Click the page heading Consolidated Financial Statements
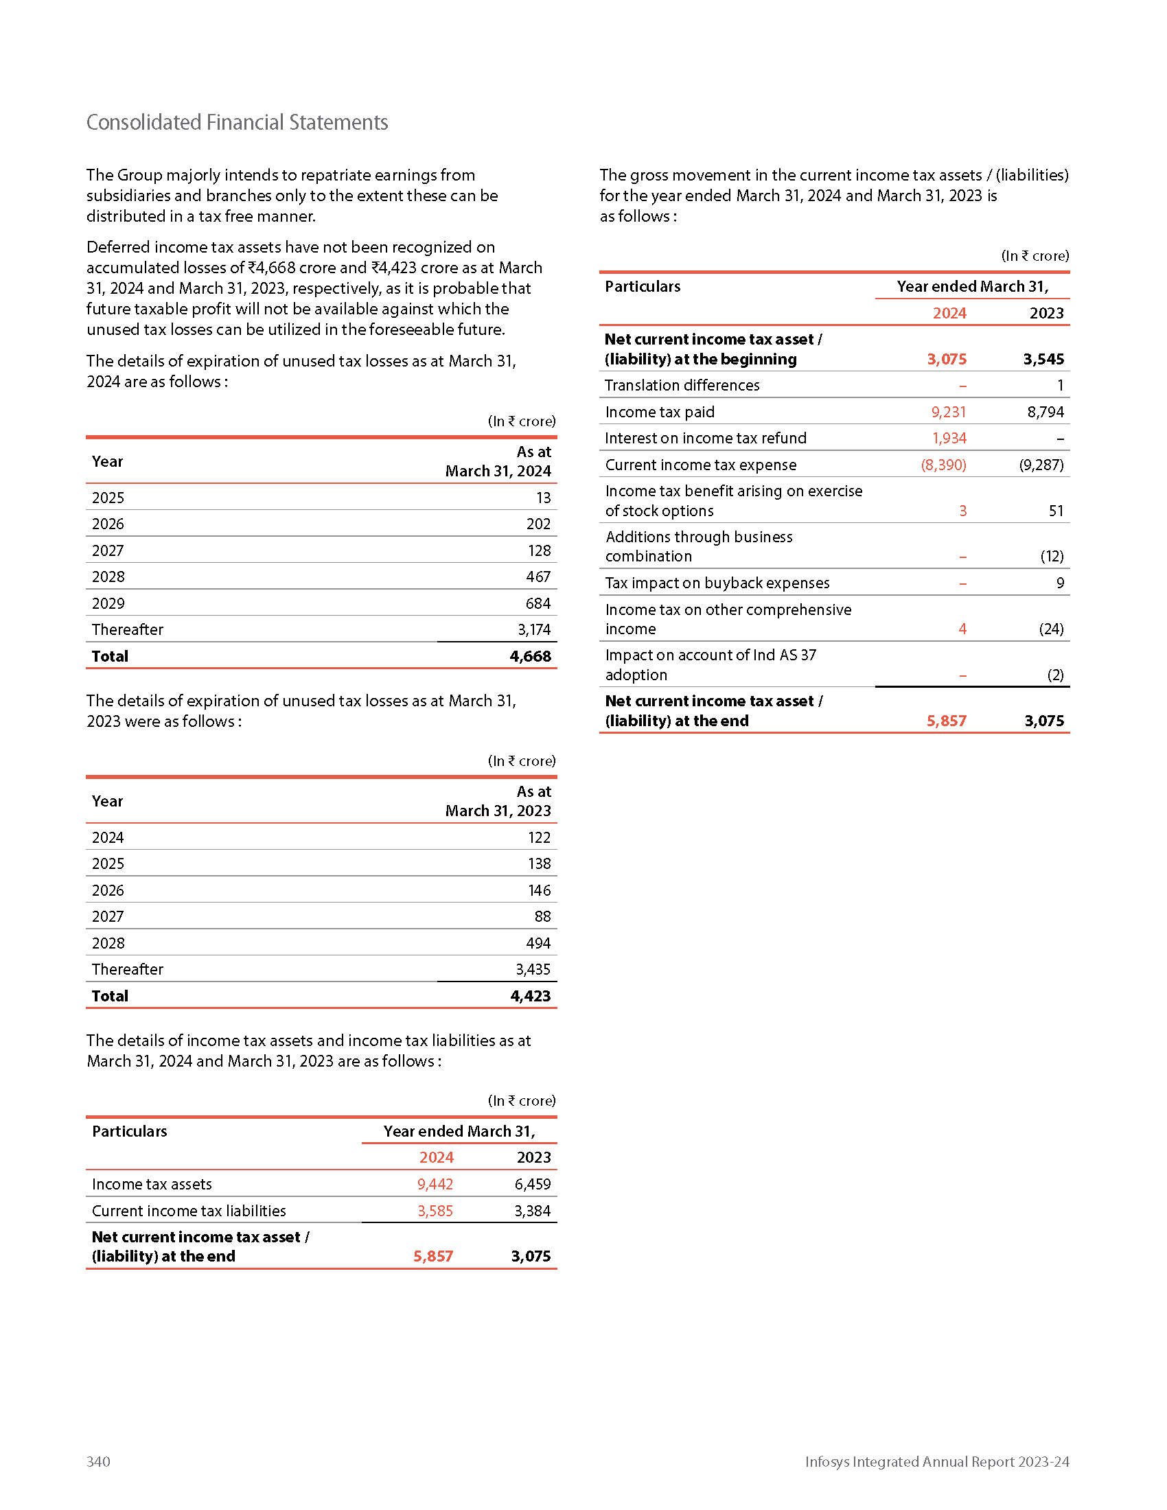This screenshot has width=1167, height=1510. click(x=237, y=122)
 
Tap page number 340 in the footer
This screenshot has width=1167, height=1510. click(x=98, y=1461)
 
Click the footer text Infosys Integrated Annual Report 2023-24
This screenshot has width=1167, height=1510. click(x=937, y=1461)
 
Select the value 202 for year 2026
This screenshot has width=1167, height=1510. click(x=538, y=524)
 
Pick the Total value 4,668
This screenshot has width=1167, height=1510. click(x=530, y=656)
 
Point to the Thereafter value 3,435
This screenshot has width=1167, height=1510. click(x=532, y=969)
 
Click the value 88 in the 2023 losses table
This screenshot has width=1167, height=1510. click(x=542, y=917)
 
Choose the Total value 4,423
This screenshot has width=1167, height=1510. click(x=530, y=997)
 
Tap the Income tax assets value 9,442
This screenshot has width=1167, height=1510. click(x=435, y=1185)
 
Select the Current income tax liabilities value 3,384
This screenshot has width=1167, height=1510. click(x=532, y=1211)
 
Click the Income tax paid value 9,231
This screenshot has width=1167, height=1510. click(x=948, y=412)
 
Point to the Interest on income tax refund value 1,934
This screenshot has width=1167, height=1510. click(x=949, y=439)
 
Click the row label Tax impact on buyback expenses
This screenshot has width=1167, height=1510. click(x=717, y=583)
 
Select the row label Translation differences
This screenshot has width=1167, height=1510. click(x=682, y=386)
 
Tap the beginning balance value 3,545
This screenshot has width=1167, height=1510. click(x=1043, y=360)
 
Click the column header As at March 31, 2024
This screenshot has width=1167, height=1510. click(x=498, y=461)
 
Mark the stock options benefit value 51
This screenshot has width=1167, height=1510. click(x=1056, y=511)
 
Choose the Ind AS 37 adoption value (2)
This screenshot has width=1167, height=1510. click(x=1055, y=675)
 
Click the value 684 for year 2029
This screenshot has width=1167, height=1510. click(x=538, y=603)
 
